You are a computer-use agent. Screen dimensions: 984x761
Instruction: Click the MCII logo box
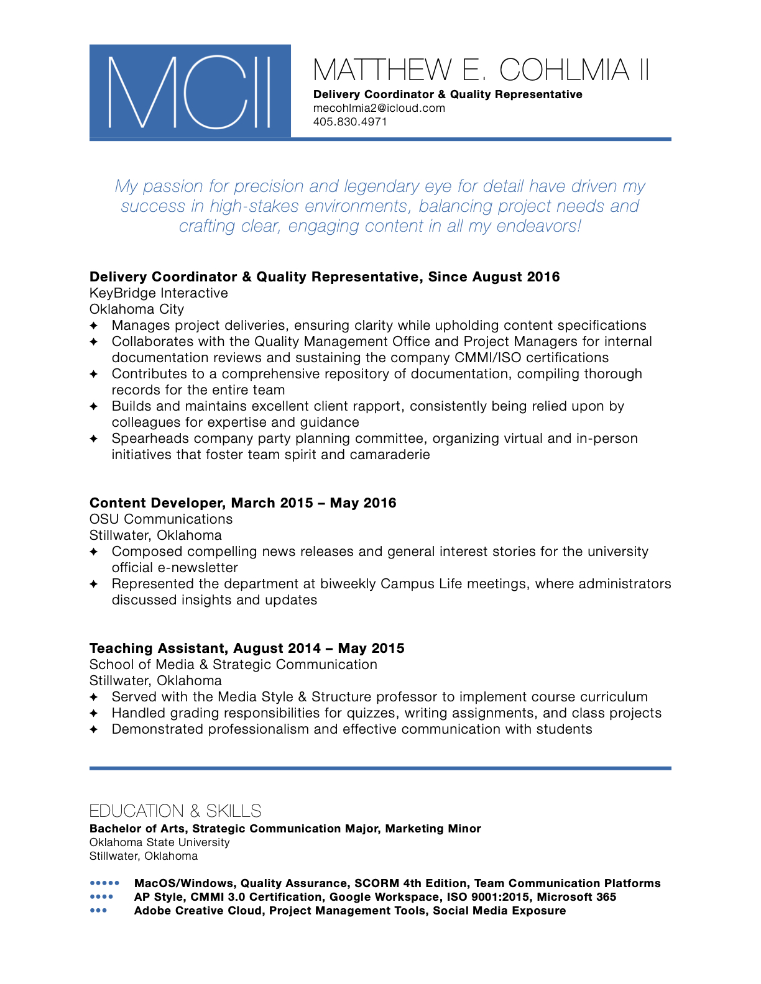(x=190, y=91)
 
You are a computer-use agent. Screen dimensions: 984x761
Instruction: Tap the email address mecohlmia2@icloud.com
(x=379, y=108)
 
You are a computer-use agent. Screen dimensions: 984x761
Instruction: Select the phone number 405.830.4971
(x=350, y=122)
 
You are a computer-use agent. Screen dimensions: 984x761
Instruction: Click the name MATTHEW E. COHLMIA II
(x=481, y=70)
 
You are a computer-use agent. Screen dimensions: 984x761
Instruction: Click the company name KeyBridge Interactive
(x=159, y=293)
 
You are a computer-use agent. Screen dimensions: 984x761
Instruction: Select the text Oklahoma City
(x=137, y=309)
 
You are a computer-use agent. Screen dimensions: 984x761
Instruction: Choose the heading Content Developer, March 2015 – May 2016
(x=242, y=503)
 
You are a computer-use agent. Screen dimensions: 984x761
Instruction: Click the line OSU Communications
(x=161, y=519)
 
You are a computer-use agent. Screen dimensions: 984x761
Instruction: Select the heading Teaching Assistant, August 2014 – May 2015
(x=247, y=649)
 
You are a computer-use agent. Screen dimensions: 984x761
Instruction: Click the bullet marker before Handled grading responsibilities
(x=94, y=713)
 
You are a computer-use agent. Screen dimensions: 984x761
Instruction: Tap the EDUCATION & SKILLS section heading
(x=175, y=811)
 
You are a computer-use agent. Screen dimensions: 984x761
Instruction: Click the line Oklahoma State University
(x=160, y=842)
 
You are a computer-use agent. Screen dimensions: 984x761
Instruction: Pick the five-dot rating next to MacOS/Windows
(x=104, y=883)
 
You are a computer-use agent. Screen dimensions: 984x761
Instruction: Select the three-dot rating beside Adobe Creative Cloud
(x=98, y=910)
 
